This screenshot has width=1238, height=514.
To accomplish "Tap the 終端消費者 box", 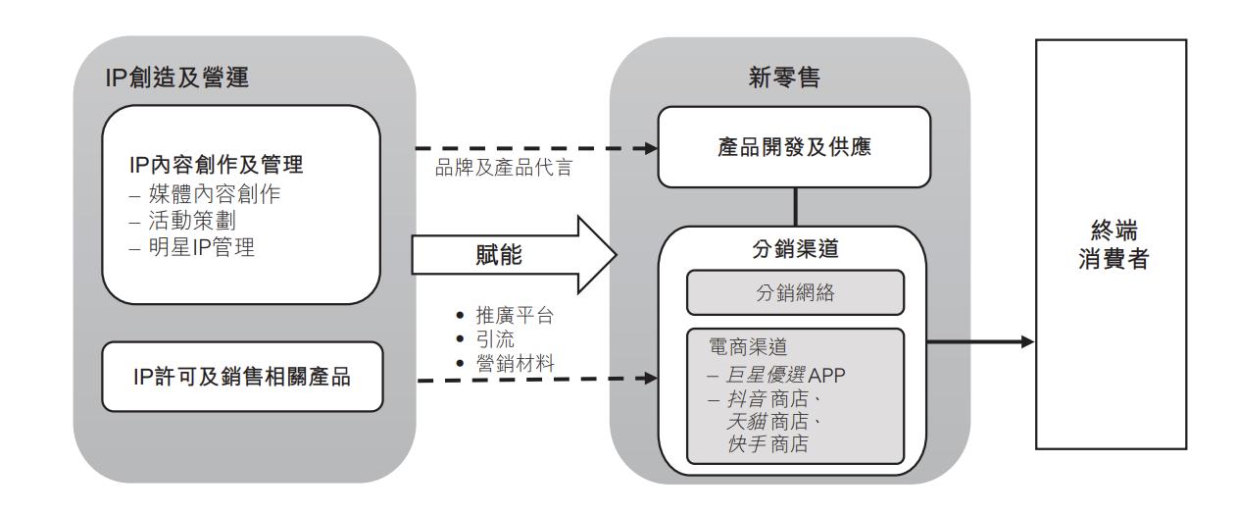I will coord(1125,244).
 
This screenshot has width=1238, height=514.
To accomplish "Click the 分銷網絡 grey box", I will coord(794,291).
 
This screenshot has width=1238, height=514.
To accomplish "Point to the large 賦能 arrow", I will coord(510,256).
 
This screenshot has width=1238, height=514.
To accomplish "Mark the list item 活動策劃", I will coord(183,221).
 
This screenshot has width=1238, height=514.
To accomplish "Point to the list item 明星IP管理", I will coord(192,247).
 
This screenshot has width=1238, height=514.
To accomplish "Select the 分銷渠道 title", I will coord(794,250).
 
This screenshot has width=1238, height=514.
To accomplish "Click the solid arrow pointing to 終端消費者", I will coord(980,341).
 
